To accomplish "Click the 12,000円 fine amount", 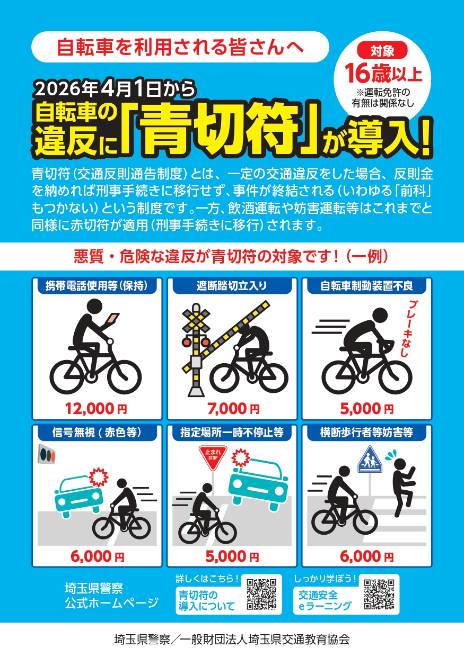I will click(x=96, y=408).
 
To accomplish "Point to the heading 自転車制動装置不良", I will click(x=366, y=286).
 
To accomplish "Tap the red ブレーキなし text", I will click(x=409, y=329).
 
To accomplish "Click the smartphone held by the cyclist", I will click(x=113, y=318).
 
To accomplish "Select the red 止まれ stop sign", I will click(x=213, y=456).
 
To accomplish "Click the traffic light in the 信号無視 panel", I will click(x=47, y=454).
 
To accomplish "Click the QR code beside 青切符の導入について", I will click(x=261, y=593).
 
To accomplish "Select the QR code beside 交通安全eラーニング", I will click(x=379, y=593).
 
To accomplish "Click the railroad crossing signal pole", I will click(x=197, y=349).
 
